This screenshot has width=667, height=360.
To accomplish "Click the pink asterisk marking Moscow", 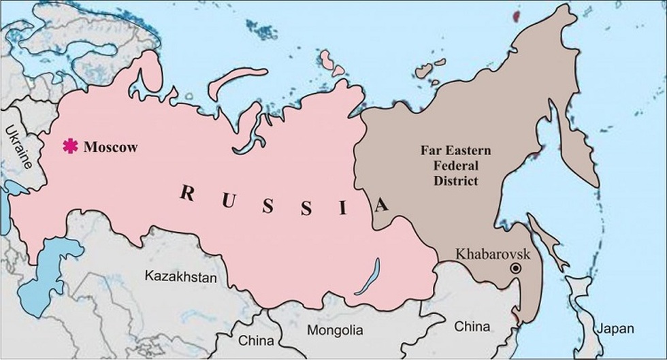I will (69, 146).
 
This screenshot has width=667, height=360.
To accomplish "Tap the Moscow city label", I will (110, 146).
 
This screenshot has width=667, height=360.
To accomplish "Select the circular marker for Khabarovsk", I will (517, 269).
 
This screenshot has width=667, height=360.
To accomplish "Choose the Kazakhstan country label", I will (180, 277).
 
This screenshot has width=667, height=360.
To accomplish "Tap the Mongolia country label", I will (335, 331).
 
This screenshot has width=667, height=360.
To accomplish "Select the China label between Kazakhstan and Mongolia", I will (257, 340).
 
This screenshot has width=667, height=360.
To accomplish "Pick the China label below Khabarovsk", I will (472, 327).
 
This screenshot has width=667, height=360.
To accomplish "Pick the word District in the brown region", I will (450, 180).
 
